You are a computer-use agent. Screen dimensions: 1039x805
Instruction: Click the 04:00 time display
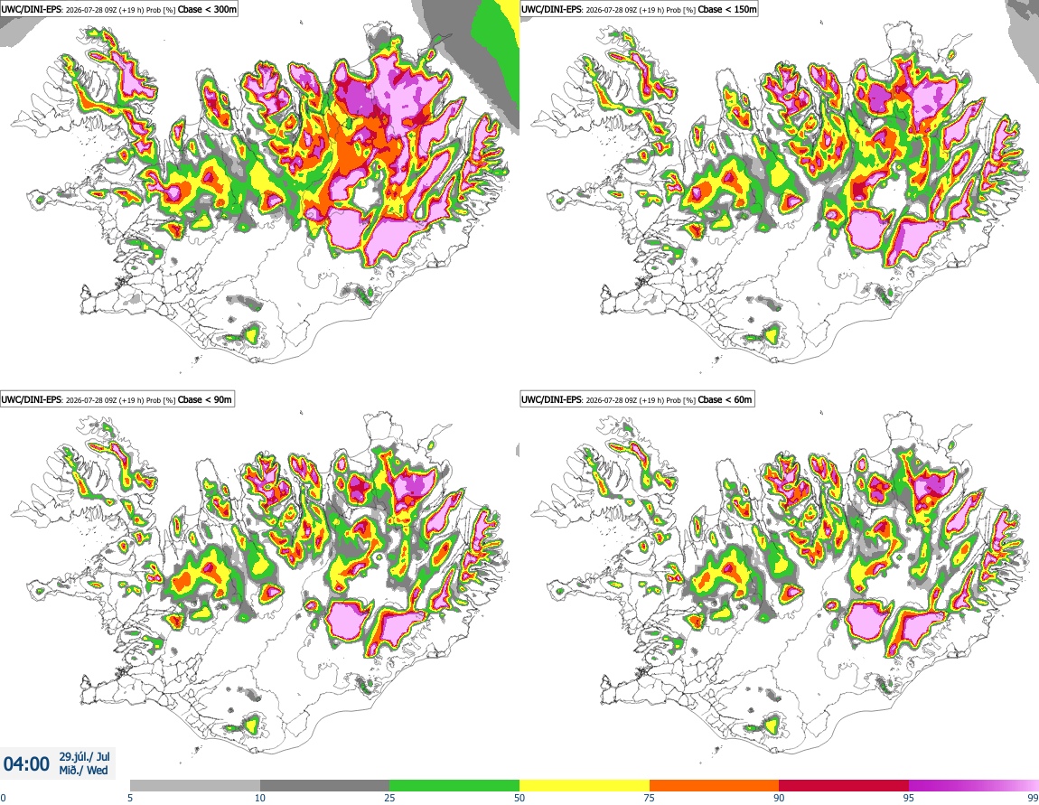pos(26,764)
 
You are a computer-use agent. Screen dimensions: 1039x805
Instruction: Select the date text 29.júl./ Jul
pos(85,756)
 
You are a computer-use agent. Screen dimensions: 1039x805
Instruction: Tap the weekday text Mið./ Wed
pos(83,770)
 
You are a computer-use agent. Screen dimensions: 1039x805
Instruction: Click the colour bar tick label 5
pos(130,798)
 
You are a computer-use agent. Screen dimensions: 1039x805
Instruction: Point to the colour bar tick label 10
pos(260,798)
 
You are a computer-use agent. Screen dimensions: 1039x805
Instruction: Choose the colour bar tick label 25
pos(389,798)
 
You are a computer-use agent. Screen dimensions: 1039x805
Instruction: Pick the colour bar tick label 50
pos(519,798)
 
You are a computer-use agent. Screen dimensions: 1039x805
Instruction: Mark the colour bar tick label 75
pos(650,798)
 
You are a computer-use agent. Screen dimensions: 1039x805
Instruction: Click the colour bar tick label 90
pos(779,798)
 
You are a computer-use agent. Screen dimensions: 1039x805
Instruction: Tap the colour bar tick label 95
pos(909,798)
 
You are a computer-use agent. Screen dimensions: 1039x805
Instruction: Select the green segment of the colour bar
pos(454,786)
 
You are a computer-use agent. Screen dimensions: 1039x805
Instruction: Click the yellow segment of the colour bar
pos(585,786)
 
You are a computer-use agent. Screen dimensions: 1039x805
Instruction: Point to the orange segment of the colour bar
pos(715,786)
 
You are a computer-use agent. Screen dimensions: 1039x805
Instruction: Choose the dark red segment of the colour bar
pos(844,786)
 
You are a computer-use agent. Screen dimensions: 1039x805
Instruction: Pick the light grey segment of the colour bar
pos(195,786)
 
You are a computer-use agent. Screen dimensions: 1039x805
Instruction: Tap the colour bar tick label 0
pos(3,798)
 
